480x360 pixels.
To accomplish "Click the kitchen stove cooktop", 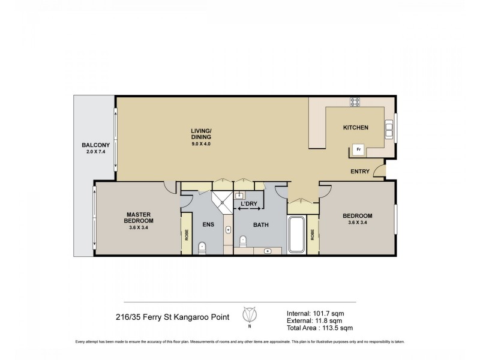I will pyautogui.click(x=355, y=101).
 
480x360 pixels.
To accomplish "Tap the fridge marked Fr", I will pyautogui.click(x=358, y=149).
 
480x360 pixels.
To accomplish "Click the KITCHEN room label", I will pyautogui.click(x=355, y=128).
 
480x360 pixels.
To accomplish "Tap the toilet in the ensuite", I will pyautogui.click(x=202, y=245).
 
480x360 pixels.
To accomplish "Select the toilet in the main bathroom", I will pyautogui.click(x=244, y=241).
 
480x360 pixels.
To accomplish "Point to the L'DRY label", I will pyautogui.click(x=249, y=204).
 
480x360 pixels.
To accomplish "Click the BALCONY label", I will pyautogui.click(x=95, y=146).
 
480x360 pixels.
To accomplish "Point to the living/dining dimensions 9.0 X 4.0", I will pyautogui.click(x=201, y=145).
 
